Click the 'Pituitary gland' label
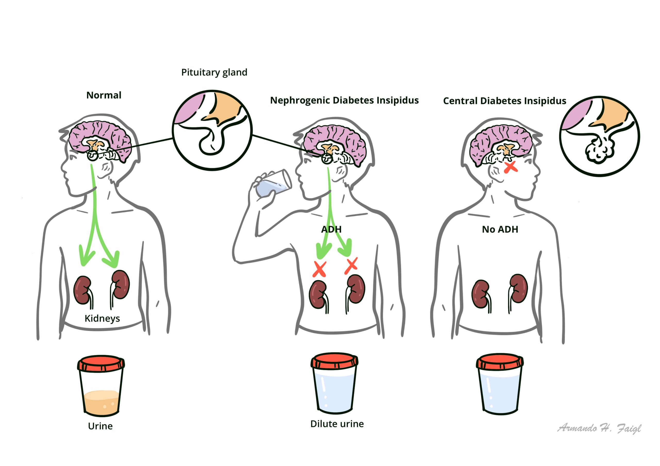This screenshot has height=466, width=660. tap(214, 72)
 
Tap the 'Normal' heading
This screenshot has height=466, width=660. tap(104, 95)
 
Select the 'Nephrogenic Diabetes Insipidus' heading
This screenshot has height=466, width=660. tap(344, 100)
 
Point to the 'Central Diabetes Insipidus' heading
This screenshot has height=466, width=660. tap(505, 101)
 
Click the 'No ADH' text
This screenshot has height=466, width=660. tap(500, 229)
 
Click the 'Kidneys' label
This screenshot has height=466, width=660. tap(102, 318)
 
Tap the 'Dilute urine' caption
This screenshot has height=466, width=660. tap(337, 424)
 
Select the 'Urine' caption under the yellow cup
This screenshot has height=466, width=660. tap(100, 426)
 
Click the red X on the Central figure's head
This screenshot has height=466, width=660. tap(510, 167)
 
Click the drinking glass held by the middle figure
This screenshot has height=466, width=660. tap(273, 184)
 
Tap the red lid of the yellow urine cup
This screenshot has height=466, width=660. tap(101, 363)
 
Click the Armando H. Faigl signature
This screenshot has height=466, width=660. tap(599, 428)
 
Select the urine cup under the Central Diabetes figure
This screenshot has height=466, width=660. tap(500, 385)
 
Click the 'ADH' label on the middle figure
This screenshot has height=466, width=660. tap(331, 229)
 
